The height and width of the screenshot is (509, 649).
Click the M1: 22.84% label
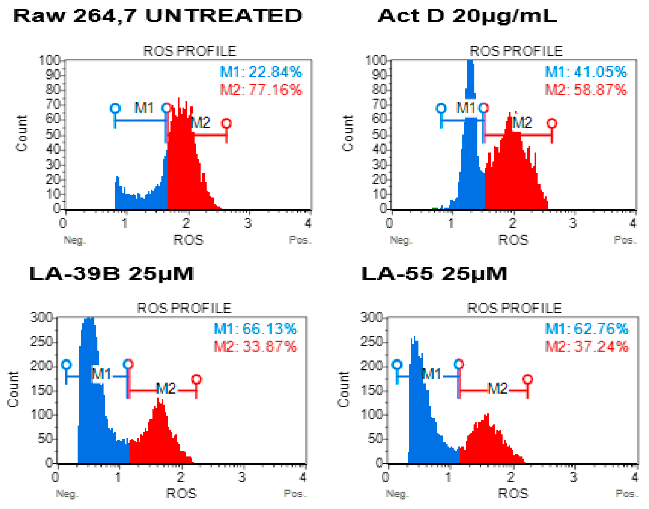pos(261,72)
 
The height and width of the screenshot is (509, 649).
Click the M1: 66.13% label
pos(255,329)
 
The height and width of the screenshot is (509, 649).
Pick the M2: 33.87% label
pos(255,346)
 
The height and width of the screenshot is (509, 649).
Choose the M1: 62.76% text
pos(587,329)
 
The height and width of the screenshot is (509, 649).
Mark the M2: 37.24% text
pos(587,346)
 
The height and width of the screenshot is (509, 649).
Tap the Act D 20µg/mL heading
pos(467,16)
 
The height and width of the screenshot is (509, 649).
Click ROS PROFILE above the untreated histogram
pos(190,51)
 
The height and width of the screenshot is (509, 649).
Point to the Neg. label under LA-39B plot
pos(67,494)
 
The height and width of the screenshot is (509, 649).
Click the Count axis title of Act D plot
pos(348,133)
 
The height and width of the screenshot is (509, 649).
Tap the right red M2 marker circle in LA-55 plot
pos(528,379)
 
